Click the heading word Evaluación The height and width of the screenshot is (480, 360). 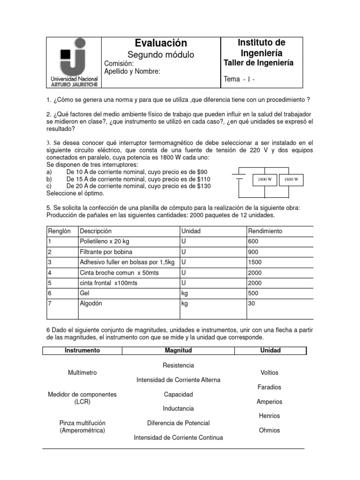161,43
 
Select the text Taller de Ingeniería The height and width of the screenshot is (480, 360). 259,63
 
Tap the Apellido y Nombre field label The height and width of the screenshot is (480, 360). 132,71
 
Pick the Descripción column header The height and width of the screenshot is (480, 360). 96,231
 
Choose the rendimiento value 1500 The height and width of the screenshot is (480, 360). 255,262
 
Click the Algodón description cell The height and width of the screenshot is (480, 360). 91,303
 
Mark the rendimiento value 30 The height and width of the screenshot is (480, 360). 252,303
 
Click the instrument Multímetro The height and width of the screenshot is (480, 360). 82,373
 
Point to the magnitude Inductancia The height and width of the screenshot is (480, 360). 178,409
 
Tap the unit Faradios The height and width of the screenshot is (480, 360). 270,387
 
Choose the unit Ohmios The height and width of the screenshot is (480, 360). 269,430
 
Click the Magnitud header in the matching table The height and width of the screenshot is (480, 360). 178,351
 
